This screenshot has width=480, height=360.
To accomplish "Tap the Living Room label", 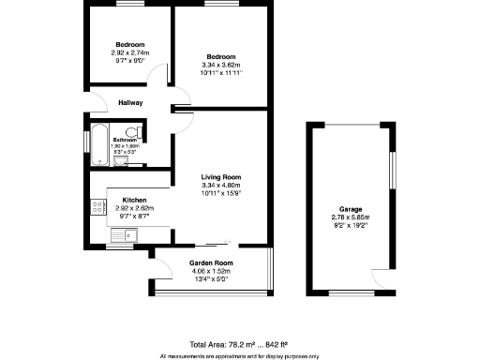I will (x=221, y=177).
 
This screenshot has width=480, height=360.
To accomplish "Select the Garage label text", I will (x=352, y=209).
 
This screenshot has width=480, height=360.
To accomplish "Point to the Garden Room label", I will (x=210, y=263).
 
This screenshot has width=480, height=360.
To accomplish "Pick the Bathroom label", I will (x=125, y=140).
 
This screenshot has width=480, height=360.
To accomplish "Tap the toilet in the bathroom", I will (x=137, y=130).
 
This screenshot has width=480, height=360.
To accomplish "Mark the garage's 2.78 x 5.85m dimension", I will (x=352, y=217).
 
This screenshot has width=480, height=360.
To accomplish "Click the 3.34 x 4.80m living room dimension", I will (x=221, y=186).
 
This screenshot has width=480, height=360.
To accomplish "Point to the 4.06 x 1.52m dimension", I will (x=210, y=271).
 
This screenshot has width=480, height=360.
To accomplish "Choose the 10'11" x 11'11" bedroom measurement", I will (x=221, y=74).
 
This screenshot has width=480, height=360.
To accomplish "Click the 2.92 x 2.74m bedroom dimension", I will (x=130, y=53).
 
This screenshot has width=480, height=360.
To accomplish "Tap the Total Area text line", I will (x=239, y=344).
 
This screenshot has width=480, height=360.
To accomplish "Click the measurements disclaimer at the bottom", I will (x=239, y=355).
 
